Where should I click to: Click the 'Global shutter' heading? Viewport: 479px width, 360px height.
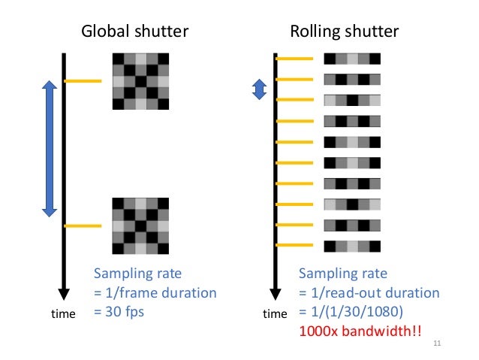pos(134,32)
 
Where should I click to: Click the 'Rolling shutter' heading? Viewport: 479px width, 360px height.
pos(345,32)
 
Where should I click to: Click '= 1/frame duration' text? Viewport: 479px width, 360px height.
pos(155,292)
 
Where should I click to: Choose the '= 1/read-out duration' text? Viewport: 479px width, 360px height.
pos(369,292)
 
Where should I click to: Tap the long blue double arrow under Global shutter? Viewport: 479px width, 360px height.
pos(50,148)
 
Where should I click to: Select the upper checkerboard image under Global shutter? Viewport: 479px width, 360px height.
pos(140,81)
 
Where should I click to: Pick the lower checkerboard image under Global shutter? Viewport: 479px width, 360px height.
pos(140,225)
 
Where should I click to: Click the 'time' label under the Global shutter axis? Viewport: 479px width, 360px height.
pos(62,314)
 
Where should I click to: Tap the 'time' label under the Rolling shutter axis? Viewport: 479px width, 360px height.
pos(276,314)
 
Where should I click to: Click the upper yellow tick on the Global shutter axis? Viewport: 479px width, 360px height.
pos(83,81)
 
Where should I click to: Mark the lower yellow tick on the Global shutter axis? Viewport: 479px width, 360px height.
pos(83,225)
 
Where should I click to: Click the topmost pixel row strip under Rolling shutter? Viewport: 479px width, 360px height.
pos(352,59)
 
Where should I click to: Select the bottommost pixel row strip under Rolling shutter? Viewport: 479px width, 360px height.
pos(352,245)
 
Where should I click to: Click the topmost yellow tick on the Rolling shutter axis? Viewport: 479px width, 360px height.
pos(294,59)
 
